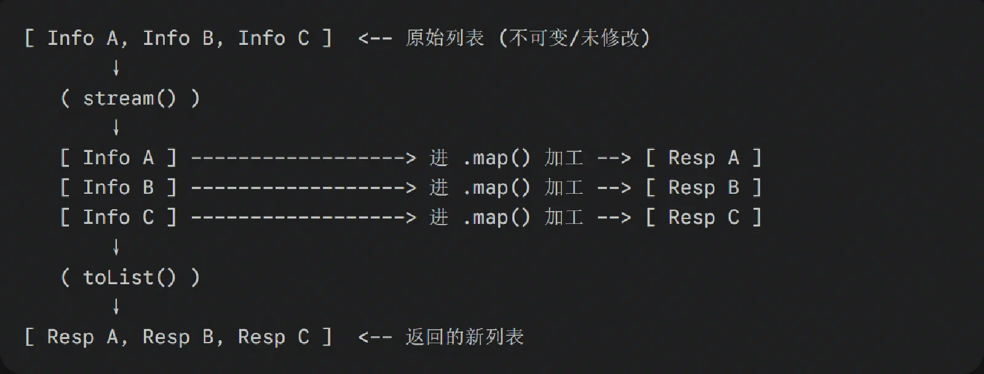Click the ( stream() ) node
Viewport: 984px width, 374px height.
(130, 98)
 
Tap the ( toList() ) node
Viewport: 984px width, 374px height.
(130, 277)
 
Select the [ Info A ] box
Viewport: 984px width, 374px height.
(119, 157)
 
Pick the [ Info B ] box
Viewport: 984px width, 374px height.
(119, 188)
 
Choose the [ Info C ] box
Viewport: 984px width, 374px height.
(119, 218)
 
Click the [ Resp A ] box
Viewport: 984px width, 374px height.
(704, 157)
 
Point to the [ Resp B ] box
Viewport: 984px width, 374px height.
(704, 188)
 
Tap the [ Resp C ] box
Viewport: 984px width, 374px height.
(704, 218)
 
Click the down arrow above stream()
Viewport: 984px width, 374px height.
(116, 68)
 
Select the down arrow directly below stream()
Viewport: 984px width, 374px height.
(116, 127)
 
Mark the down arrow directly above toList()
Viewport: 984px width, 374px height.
(116, 247)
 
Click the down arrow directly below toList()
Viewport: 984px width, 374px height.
(116, 307)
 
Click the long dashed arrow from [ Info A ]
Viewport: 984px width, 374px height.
(304, 158)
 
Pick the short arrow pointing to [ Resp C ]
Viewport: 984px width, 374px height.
(614, 218)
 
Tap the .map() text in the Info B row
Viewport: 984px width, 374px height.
(497, 188)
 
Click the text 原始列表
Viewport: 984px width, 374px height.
(445, 38)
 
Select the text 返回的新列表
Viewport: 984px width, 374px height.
(465, 337)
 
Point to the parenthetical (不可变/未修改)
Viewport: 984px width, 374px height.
(574, 38)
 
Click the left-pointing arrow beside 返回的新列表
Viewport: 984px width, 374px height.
(375, 338)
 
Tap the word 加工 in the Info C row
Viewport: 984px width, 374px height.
(564, 218)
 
